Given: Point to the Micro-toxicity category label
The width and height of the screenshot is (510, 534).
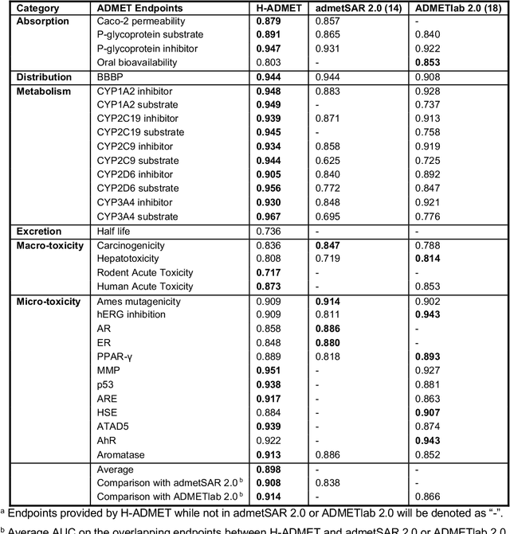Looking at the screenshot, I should (50, 302).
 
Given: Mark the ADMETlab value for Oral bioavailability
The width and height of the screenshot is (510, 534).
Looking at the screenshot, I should (427, 63).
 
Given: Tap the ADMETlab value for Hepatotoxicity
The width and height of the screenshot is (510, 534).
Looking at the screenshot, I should (427, 259).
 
